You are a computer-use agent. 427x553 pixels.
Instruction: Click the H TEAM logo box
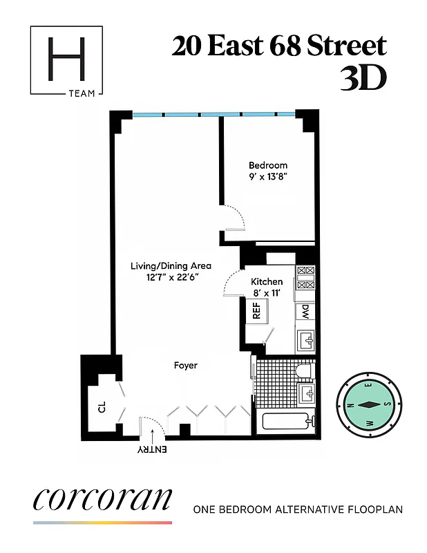(67, 61)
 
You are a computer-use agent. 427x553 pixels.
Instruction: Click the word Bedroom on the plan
(268, 165)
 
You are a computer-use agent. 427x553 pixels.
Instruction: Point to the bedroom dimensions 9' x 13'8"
(268, 178)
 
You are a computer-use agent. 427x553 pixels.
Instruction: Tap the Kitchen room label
(267, 282)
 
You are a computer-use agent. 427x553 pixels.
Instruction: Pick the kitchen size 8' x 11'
(267, 294)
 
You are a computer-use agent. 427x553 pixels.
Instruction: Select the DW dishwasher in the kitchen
(305, 312)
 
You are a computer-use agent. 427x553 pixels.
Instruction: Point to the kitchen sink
(305, 340)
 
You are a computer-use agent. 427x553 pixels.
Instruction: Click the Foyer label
(186, 365)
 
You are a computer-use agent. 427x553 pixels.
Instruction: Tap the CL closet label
(101, 409)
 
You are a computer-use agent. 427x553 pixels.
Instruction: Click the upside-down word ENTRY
(152, 450)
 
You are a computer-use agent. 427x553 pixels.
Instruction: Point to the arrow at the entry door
(152, 433)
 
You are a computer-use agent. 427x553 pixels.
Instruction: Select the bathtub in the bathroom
(286, 421)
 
